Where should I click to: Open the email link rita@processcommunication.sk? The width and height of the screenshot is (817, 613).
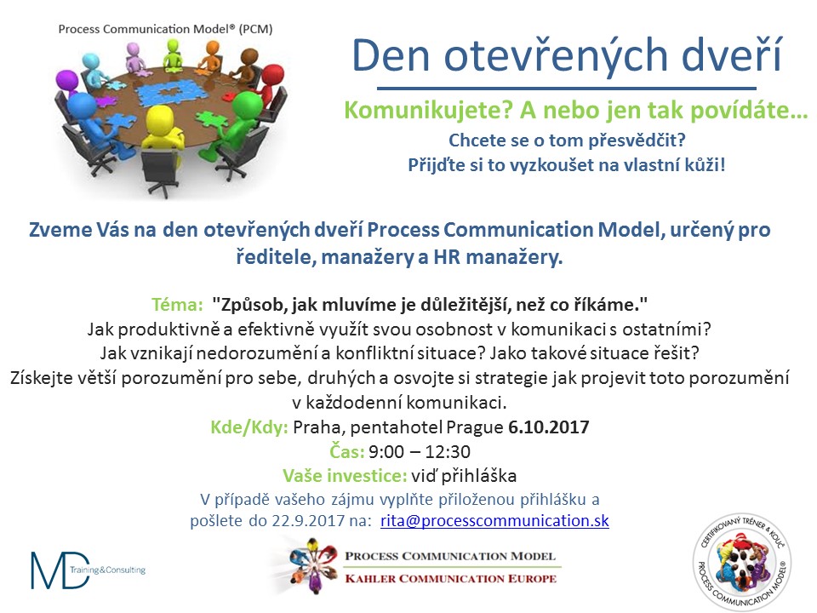coord(494,520)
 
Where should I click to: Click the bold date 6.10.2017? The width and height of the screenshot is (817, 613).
coord(549,427)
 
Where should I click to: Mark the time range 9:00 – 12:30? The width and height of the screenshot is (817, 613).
coord(420,451)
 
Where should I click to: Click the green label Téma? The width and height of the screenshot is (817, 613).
coord(177,304)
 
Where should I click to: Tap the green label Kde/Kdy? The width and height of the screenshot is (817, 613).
coord(249,427)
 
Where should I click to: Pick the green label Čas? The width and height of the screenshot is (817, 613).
coord(346,451)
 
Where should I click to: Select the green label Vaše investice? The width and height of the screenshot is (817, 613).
coord(345,475)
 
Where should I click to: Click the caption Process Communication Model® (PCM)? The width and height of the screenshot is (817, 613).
coord(165,29)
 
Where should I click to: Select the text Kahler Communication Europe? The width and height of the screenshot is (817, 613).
coord(451,579)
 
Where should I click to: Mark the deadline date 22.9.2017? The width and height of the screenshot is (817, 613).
coord(308,520)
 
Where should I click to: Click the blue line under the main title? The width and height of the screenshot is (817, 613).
coord(567,89)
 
